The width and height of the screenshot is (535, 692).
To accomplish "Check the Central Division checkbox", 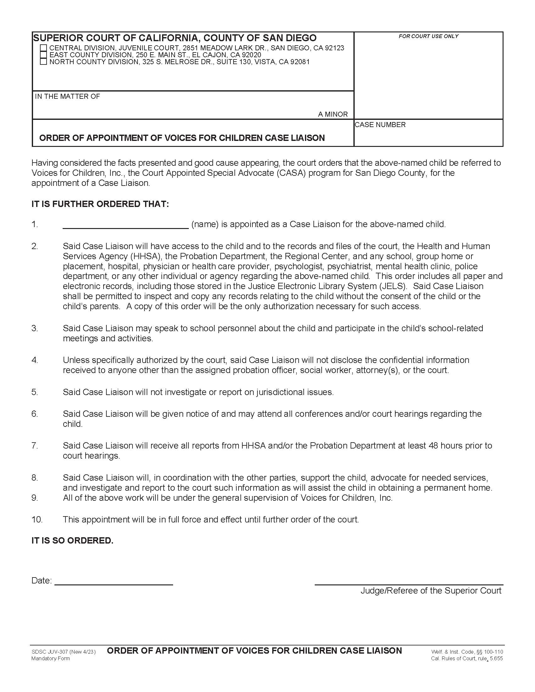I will [43, 48].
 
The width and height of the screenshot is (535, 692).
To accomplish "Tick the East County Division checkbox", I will [43, 55].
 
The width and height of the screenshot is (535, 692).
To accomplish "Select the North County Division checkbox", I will [43, 62].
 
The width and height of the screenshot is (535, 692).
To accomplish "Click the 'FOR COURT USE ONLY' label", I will [428, 36].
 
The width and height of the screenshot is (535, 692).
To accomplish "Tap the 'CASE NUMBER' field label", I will [380, 125].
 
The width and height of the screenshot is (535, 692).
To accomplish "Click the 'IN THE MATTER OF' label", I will [68, 97].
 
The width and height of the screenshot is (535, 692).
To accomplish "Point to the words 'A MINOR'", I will [333, 114].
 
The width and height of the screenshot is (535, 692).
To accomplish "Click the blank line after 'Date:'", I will [114, 582].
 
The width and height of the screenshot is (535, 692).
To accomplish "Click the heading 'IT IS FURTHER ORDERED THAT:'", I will [100, 204].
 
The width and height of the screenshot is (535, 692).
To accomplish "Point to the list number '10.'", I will [37, 520].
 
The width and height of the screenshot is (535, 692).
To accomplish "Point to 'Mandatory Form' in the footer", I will [50, 659].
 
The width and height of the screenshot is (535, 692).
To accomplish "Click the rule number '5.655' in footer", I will [496, 659].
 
